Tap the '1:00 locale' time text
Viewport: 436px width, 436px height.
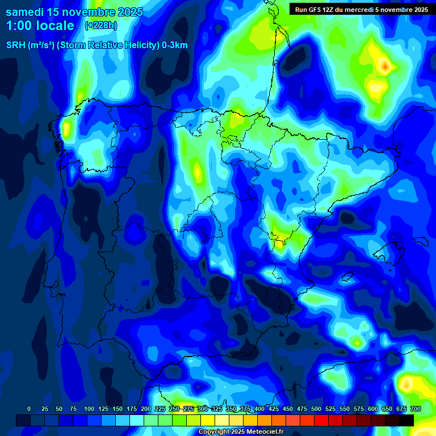click(x=40, y=26)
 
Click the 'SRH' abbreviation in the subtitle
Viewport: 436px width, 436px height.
click(x=16, y=45)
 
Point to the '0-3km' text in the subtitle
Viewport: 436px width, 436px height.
click(x=175, y=45)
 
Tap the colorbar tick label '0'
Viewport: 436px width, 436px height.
click(x=29, y=409)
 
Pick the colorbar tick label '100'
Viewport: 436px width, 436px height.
click(x=89, y=409)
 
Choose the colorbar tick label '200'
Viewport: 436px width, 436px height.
click(x=145, y=409)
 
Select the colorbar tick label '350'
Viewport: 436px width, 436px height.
click(x=230, y=409)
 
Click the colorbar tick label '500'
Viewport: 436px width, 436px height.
click(x=316, y=409)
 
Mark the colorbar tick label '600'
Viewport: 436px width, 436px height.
click(x=372, y=409)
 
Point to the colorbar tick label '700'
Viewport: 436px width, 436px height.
click(x=415, y=409)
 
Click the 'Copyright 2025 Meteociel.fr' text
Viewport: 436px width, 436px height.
click(x=241, y=431)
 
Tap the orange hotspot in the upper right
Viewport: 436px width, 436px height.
click(x=385, y=67)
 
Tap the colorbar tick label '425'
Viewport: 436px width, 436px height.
click(x=273, y=409)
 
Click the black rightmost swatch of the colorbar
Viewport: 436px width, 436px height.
click(x=406, y=420)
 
